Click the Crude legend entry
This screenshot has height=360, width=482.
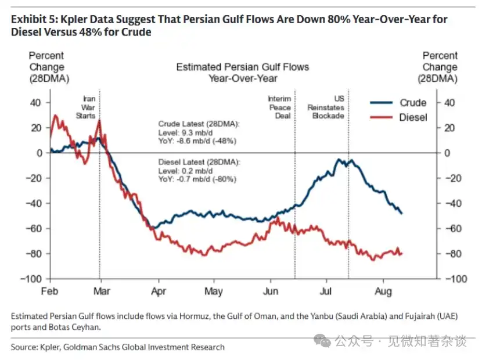(398, 103)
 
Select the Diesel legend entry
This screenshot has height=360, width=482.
(398, 117)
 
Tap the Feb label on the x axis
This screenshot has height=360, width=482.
(49, 291)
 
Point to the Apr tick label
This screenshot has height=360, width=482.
(159, 291)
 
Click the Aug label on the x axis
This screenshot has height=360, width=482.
(383, 291)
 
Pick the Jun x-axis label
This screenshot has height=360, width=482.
(271, 291)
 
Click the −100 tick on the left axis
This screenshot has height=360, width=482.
(31, 279)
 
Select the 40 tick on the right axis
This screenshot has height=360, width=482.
(449, 103)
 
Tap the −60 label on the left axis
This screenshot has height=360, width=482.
(34, 228)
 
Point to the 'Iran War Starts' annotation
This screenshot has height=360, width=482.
(86, 107)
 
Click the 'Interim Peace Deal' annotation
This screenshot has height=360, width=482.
(279, 107)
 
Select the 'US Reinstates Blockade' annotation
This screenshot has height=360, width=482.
(326, 107)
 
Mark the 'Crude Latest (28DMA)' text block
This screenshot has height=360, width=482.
(199, 132)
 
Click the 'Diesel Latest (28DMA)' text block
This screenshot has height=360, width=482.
(199, 171)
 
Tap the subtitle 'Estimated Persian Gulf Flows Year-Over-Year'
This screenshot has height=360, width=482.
(243, 73)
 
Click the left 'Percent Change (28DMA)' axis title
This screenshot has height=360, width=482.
(49, 67)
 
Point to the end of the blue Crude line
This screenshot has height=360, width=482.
(401, 213)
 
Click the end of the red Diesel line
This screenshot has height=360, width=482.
(402, 254)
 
